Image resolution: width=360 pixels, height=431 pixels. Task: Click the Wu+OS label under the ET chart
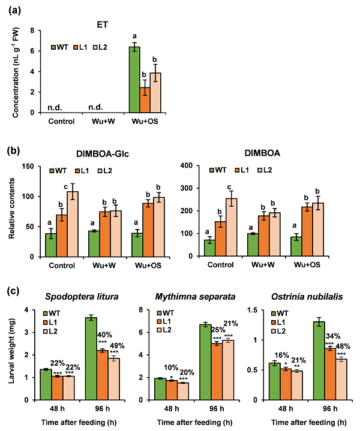click(x=145, y=120)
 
